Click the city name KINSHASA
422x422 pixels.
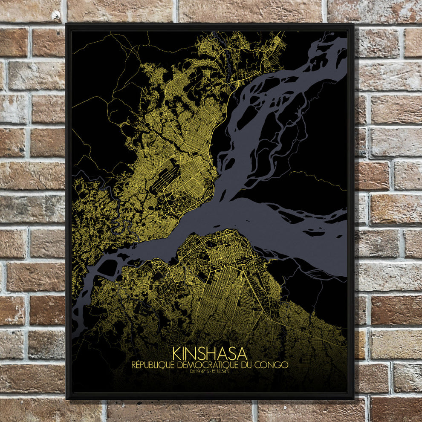tap(210, 353)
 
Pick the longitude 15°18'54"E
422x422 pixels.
tap(220, 371)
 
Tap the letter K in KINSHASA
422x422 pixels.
tap(177, 353)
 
